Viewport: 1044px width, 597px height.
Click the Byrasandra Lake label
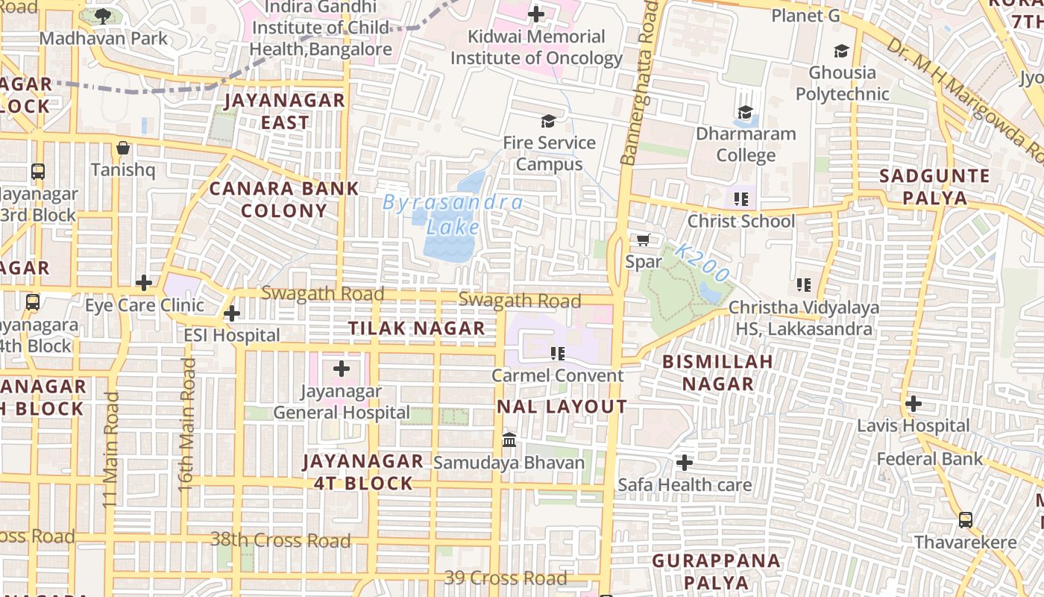click(453, 214)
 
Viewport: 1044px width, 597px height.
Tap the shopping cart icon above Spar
click(643, 240)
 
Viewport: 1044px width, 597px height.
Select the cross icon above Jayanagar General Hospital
click(342, 369)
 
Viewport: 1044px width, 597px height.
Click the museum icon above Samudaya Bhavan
click(509, 440)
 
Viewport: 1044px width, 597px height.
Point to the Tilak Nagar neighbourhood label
click(417, 328)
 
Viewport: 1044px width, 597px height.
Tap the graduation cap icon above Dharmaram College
click(745, 113)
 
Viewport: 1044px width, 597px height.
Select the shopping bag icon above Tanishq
click(123, 148)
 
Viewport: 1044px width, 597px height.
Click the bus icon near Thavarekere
click(965, 519)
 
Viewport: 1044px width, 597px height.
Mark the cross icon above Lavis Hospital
click(913, 404)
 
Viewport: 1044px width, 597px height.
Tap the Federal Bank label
click(930, 459)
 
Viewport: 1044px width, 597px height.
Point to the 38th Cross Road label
click(280, 540)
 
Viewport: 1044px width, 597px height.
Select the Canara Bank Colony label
click(284, 199)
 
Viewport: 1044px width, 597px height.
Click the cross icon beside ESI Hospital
click(232, 313)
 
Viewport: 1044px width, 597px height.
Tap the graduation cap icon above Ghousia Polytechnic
click(841, 51)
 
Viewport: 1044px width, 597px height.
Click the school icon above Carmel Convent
click(557, 353)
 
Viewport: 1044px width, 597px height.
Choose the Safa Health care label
click(685, 485)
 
